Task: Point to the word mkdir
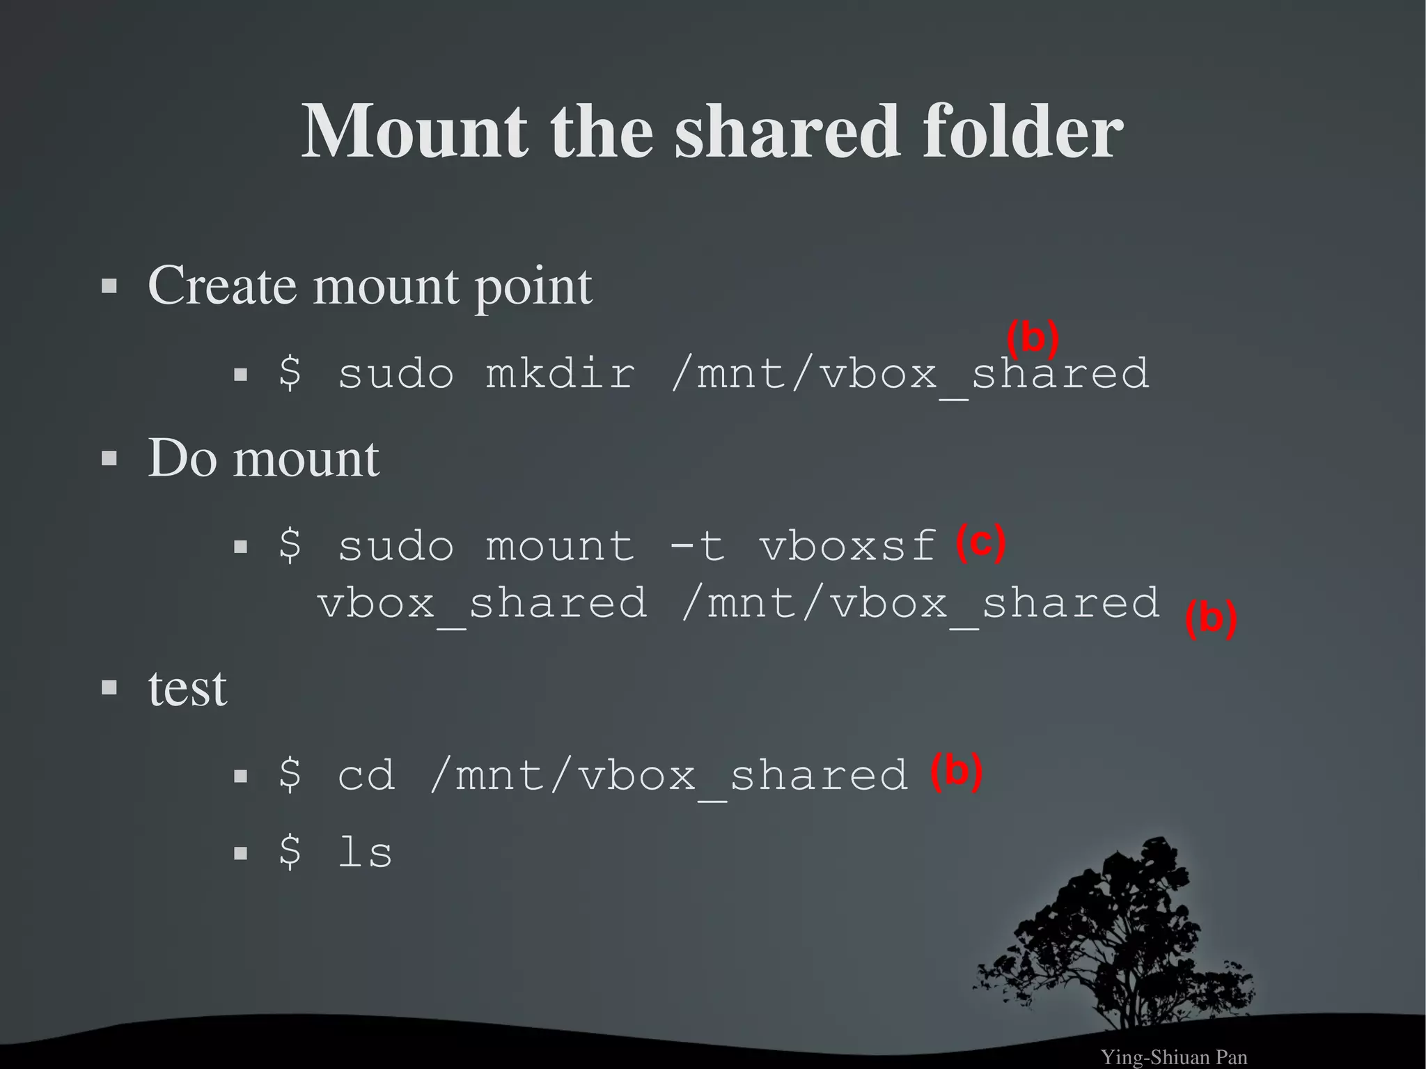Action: pos(560,373)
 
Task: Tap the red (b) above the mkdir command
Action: pos(1033,338)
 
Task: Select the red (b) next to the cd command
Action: pos(956,772)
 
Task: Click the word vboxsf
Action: pos(847,545)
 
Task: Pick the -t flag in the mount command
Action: pos(696,545)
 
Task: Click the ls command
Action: pos(365,852)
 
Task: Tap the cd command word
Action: pos(366,775)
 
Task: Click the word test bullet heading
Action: pos(187,689)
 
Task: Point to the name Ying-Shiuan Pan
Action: pos(1173,1057)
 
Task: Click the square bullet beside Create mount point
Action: pos(109,286)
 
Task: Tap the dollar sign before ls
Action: pos(290,852)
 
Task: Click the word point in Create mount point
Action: pos(533,287)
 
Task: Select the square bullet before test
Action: pos(109,688)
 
